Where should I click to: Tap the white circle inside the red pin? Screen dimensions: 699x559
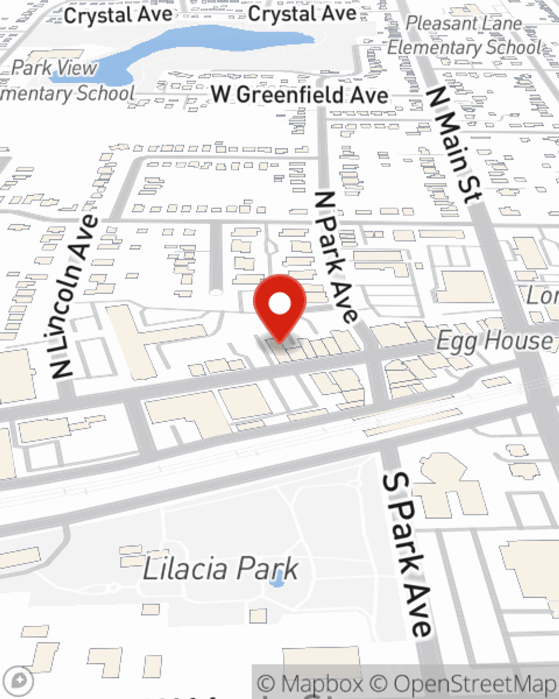tap(279, 304)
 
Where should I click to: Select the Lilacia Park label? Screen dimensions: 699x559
tap(221, 569)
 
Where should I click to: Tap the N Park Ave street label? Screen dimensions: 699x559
tap(335, 257)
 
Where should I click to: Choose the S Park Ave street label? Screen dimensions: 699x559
tap(407, 554)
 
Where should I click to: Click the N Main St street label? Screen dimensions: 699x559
tap(453, 144)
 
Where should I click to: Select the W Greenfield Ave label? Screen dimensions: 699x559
tap(300, 95)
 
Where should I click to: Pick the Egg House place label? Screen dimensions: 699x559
tap(494, 340)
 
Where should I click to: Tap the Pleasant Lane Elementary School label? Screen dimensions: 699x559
tap(464, 35)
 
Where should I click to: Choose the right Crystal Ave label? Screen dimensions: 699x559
tap(302, 13)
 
